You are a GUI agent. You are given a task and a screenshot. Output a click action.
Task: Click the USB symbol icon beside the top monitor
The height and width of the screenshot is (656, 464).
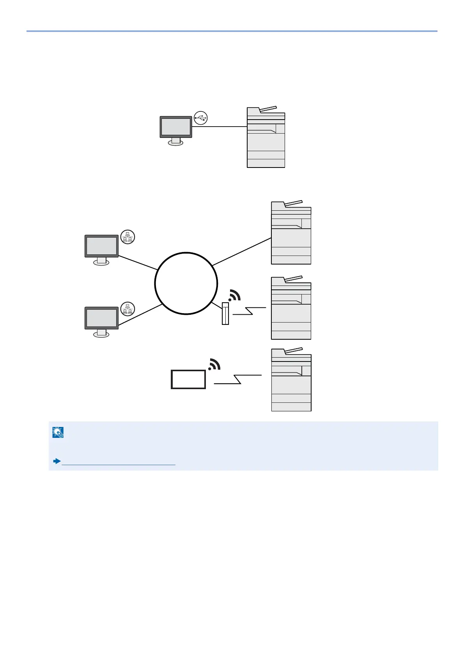click(201, 118)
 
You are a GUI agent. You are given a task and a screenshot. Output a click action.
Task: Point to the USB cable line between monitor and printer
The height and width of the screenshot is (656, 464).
click(220, 127)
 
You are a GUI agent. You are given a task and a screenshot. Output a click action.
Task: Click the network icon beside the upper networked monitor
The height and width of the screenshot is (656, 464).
click(128, 237)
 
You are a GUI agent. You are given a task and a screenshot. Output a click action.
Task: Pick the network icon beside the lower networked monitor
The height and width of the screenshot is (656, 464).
click(128, 309)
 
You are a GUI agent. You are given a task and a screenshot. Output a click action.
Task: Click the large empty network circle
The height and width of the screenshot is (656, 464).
click(186, 283)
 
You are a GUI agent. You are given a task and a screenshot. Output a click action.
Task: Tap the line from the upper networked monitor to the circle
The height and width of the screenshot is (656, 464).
click(138, 263)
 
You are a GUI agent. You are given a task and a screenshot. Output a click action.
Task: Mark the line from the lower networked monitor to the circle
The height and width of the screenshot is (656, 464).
click(140, 315)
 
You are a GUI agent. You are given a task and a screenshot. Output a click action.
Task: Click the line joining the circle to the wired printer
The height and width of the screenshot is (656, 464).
click(242, 252)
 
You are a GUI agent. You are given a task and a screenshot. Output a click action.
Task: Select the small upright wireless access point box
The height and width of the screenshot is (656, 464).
click(225, 313)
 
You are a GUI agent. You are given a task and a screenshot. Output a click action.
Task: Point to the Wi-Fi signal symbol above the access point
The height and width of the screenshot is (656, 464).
click(234, 296)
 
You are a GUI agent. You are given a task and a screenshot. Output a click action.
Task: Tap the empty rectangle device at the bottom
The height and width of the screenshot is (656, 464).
click(188, 379)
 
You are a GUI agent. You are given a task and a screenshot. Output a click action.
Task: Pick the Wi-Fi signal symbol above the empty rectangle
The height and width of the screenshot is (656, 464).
click(214, 364)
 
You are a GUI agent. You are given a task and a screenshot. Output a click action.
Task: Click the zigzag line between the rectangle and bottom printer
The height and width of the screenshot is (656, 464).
click(237, 379)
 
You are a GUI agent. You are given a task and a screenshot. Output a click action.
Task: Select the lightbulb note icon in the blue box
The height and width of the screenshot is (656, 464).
click(58, 432)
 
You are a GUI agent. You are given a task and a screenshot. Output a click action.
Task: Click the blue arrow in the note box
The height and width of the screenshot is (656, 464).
click(57, 461)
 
